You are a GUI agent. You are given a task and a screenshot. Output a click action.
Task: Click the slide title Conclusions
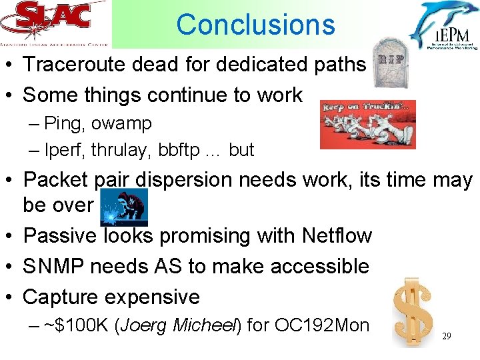point(255,25)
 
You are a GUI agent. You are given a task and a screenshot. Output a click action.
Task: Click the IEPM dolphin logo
point(443,25)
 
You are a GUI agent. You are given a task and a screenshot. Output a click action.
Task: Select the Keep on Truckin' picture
point(367,124)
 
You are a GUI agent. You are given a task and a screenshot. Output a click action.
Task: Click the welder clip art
point(124,206)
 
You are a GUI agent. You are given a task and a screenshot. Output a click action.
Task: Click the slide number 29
point(447,337)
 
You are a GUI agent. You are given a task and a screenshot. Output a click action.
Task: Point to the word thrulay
point(125,150)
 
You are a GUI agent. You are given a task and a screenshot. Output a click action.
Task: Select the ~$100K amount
point(72,325)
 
